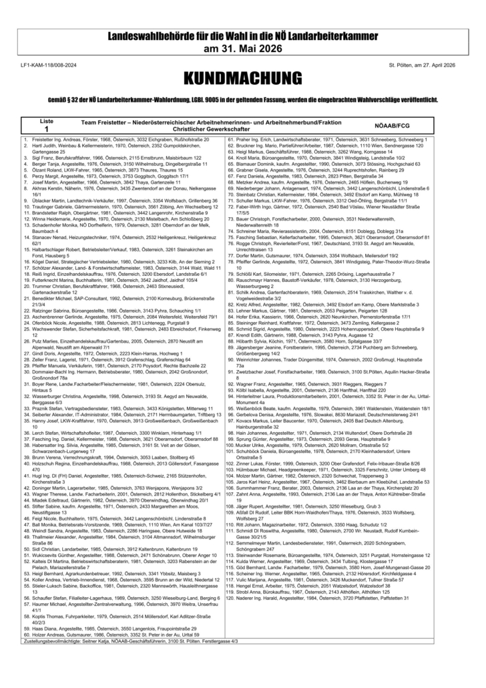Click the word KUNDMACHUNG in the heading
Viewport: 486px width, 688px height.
pos(242,77)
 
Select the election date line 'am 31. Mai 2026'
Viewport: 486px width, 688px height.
pos(242,49)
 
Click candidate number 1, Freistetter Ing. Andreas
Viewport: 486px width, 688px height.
pos(113,140)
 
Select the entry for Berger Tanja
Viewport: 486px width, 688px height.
pos(113,163)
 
